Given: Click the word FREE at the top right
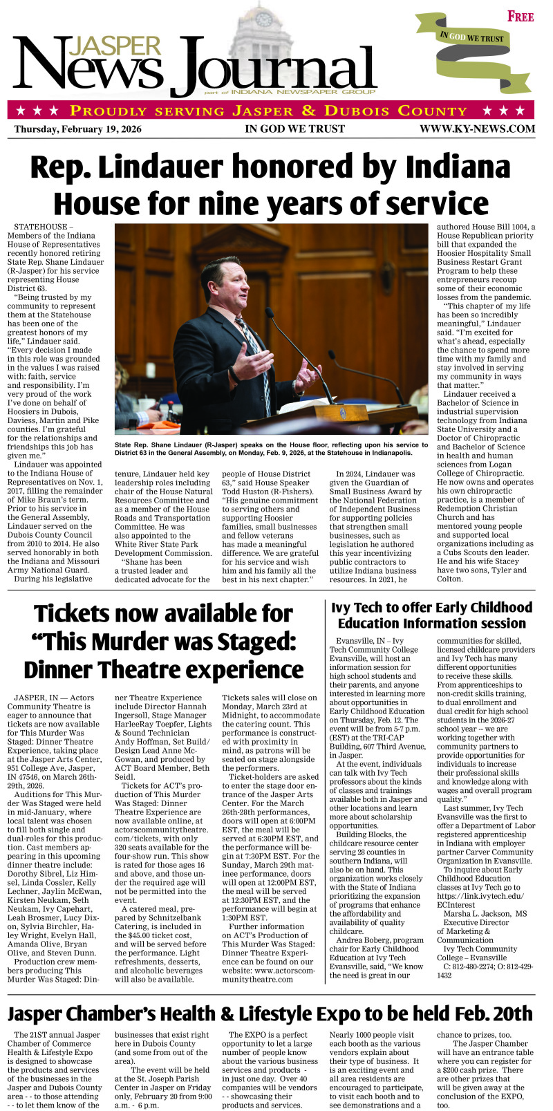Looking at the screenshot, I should coord(521,16).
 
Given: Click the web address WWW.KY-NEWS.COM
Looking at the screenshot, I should coord(477,129).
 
